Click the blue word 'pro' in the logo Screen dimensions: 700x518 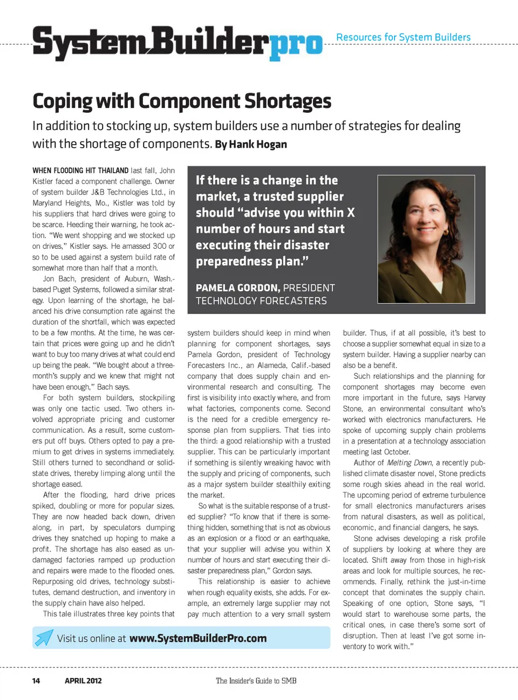click(296, 44)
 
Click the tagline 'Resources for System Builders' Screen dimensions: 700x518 click(403, 37)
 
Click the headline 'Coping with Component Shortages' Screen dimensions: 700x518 click(182, 101)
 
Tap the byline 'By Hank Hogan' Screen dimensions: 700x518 click(251, 145)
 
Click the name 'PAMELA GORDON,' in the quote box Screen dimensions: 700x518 click(237, 288)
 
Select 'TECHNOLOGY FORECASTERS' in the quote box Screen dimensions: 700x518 click(261, 301)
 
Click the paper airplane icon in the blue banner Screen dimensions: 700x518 click(44, 637)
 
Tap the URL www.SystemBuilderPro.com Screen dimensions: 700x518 click(198, 638)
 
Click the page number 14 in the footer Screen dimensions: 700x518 click(36, 681)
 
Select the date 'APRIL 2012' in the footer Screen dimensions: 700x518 click(83, 681)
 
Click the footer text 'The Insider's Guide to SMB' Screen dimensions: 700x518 click(256, 681)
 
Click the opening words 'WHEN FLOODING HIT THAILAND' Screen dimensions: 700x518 click(80, 171)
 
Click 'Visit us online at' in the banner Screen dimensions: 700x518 click(91, 638)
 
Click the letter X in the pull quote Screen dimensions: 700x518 click(351, 213)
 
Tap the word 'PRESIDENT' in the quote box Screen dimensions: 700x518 click(309, 288)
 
